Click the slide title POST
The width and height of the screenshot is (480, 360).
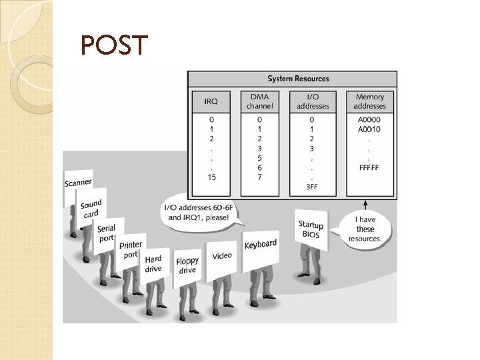tap(113, 45)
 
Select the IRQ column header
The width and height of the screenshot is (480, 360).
tap(211, 101)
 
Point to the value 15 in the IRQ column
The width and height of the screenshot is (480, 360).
tap(211, 177)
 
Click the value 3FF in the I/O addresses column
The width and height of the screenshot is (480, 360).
tap(311, 187)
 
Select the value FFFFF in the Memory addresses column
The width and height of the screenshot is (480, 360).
tap(369, 167)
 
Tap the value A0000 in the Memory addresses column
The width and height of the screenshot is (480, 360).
tap(369, 120)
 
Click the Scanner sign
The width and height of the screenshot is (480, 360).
tap(78, 182)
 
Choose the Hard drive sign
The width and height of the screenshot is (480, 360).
tap(153, 264)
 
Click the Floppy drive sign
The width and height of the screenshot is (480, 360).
tap(187, 266)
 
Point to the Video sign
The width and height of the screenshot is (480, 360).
tap(222, 256)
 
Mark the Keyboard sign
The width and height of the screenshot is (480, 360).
tap(260, 245)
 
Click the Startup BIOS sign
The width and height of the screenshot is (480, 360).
tap(311, 229)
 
